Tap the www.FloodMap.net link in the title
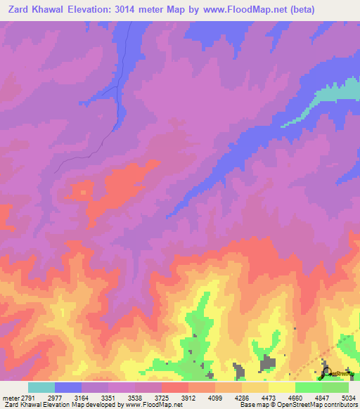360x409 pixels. [238, 10]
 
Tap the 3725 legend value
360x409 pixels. [175, 398]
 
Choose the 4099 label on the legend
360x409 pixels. [228, 398]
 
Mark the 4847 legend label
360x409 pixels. [333, 398]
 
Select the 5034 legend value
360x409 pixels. [349, 398]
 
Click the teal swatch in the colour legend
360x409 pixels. [41, 387]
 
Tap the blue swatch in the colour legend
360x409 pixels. [68, 387]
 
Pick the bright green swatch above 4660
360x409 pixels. [309, 387]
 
